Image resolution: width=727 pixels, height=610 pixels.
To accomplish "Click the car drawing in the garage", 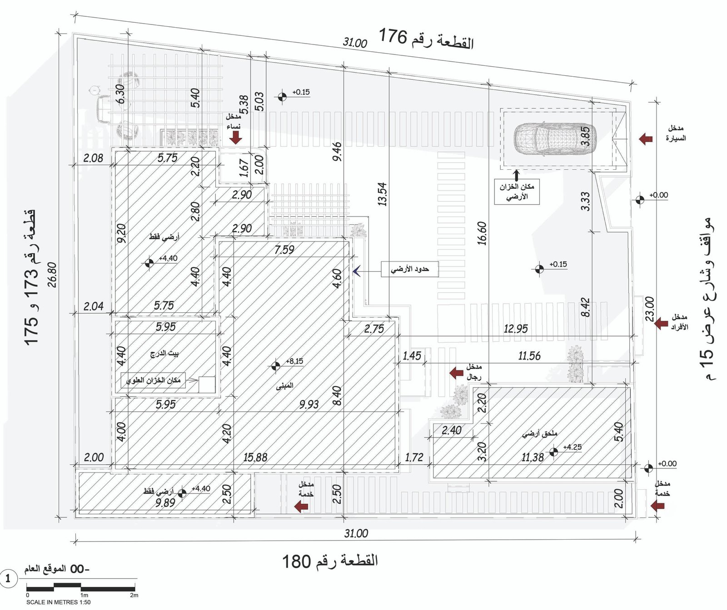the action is (x=554, y=138).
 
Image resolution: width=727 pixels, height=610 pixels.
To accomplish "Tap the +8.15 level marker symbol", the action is (x=275, y=365).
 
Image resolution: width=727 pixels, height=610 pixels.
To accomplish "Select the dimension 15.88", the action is (x=255, y=457).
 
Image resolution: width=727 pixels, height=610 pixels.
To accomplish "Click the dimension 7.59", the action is (x=284, y=249).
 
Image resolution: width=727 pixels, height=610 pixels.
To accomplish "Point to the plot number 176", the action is (x=393, y=36).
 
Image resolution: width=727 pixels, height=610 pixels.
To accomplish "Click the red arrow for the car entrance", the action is (x=646, y=138).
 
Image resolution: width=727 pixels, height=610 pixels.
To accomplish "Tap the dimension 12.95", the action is (x=516, y=329).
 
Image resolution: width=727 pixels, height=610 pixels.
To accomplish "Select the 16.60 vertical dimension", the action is (x=482, y=233).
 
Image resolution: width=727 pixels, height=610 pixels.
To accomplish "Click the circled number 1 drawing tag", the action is (x=8, y=579).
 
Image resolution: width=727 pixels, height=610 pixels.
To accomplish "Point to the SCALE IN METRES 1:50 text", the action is (x=58, y=602).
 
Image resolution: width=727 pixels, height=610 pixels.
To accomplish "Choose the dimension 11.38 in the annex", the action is (x=533, y=457).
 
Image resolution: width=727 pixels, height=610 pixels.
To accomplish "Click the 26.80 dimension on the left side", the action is (x=52, y=275).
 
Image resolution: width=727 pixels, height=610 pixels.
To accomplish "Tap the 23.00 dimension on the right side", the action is (x=650, y=309).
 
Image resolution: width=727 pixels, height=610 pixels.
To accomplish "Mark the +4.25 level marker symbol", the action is (x=553, y=452).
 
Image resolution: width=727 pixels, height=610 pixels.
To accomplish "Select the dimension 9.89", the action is (x=165, y=503).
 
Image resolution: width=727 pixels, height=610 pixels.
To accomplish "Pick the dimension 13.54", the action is (x=382, y=194).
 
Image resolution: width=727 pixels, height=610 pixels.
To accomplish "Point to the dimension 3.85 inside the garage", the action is (x=586, y=136).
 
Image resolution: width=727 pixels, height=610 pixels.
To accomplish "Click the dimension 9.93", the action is (x=309, y=404).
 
